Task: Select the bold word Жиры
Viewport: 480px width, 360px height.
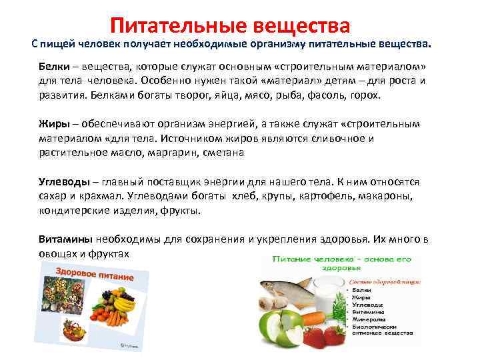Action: pyautogui.click(x=52, y=124)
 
